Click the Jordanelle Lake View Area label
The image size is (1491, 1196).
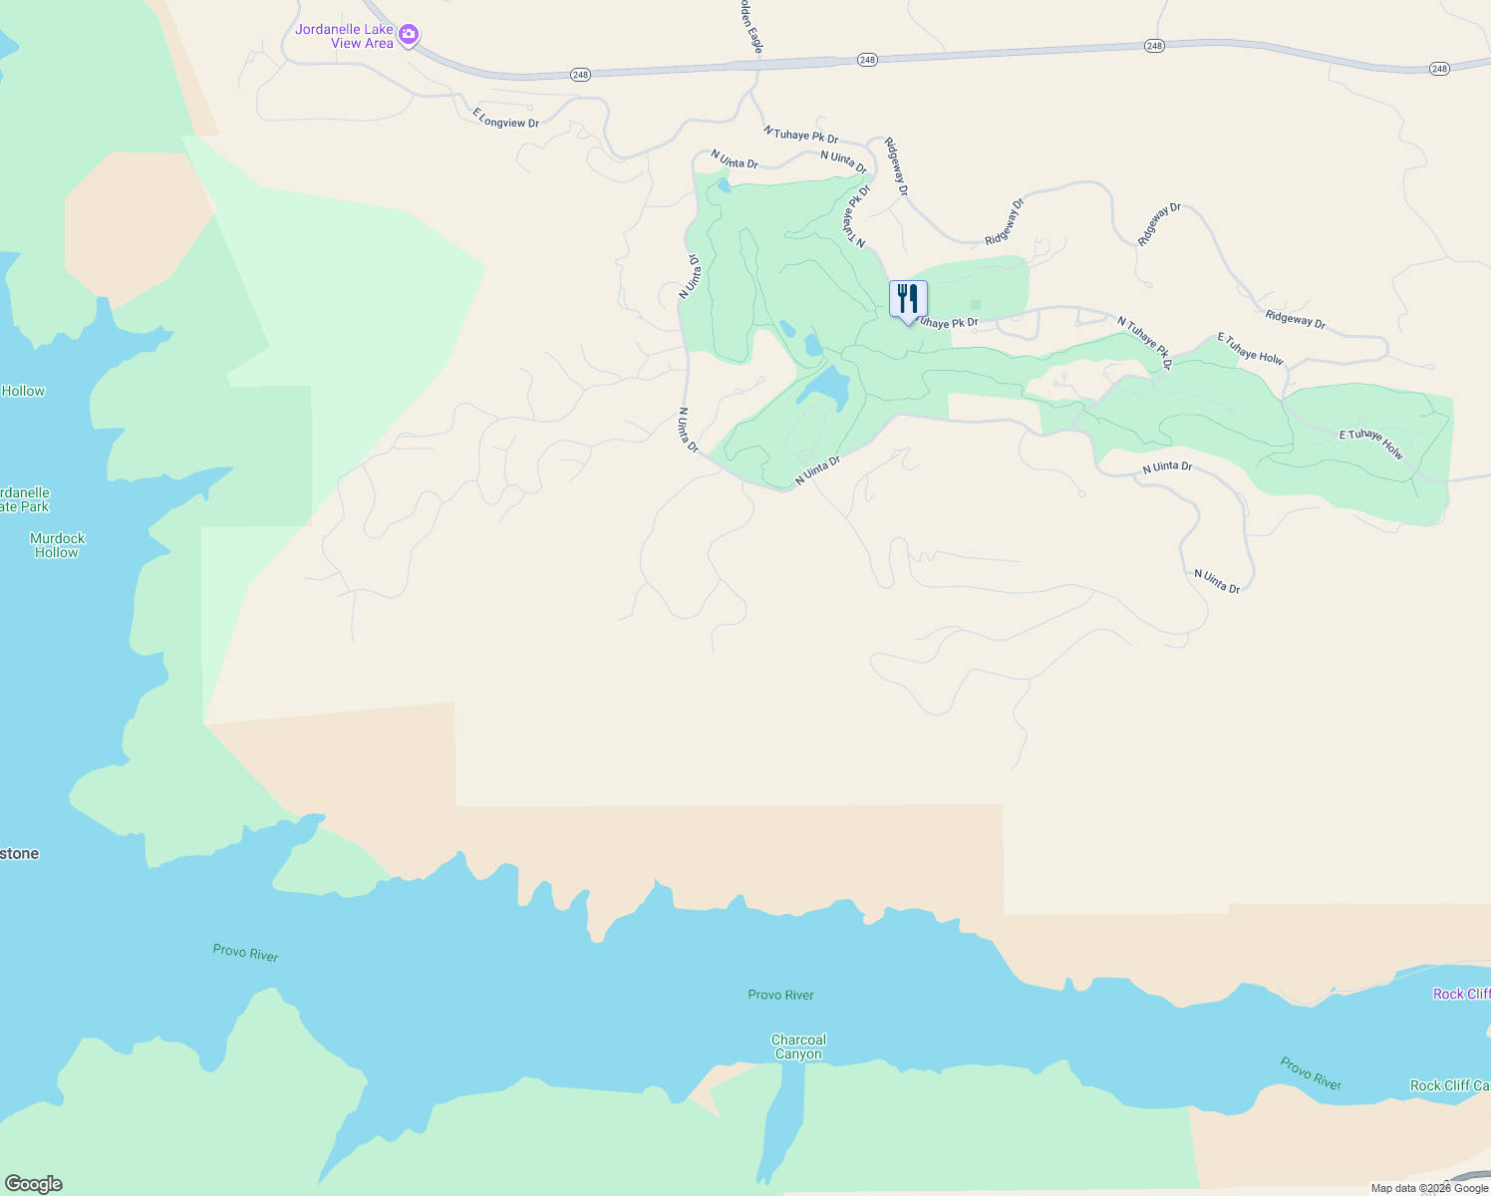[344, 36]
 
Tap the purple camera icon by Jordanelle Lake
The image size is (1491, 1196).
[408, 36]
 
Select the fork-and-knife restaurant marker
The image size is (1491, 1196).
[908, 299]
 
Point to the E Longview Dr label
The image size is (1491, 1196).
[505, 118]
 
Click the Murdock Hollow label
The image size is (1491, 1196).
[57, 545]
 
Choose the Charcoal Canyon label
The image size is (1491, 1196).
[798, 1046]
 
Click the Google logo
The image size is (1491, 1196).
[33, 1184]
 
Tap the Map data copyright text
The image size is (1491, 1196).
[1428, 1188]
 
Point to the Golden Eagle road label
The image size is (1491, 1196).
[751, 28]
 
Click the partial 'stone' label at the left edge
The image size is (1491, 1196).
[20, 853]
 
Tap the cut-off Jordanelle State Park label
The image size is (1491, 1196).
[24, 499]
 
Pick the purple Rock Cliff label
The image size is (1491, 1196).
[1461, 994]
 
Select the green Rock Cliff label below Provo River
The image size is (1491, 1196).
[1449, 1085]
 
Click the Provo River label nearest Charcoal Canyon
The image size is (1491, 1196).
[780, 995]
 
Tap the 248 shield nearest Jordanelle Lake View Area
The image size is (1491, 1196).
[581, 75]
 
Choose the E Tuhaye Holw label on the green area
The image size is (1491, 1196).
[1370, 445]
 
